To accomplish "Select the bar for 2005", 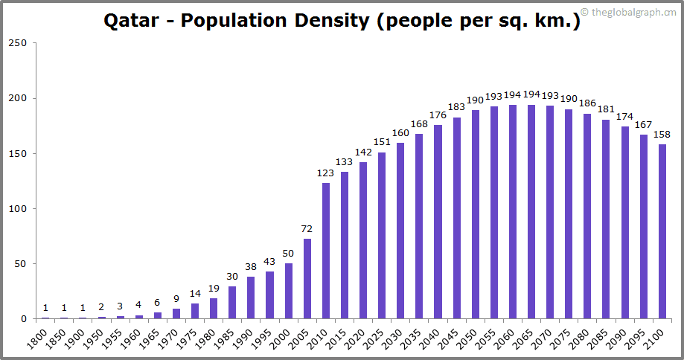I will coord(307,279).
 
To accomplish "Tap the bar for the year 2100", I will coord(662,231).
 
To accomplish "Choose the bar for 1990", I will coord(251,298).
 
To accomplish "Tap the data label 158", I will coord(662,135).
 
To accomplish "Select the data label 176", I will coord(438,115).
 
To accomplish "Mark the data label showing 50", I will coord(288,254).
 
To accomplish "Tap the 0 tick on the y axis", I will coord(24,319).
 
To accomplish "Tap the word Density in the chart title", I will coord(328,20).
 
